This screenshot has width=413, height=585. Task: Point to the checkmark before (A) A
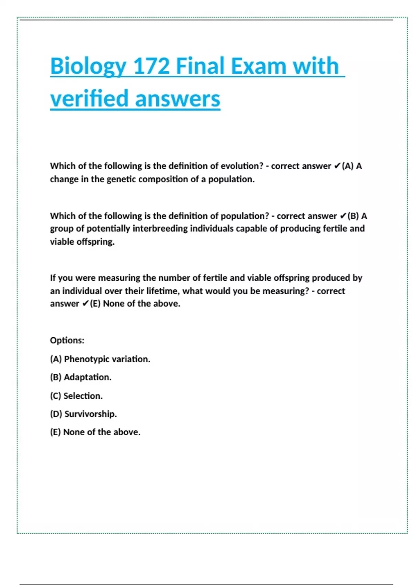(x=337, y=166)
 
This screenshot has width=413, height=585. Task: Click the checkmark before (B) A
(x=343, y=216)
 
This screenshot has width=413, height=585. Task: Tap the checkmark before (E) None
(x=86, y=304)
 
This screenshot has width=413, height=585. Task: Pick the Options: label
(x=67, y=340)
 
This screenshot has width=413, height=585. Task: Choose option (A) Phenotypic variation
(x=100, y=359)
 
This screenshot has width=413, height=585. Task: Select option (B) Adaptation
(x=81, y=377)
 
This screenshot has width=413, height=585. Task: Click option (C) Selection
(x=76, y=396)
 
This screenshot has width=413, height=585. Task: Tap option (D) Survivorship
(x=83, y=414)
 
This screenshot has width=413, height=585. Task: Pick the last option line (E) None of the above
(x=95, y=432)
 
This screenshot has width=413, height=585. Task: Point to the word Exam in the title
(x=258, y=66)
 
